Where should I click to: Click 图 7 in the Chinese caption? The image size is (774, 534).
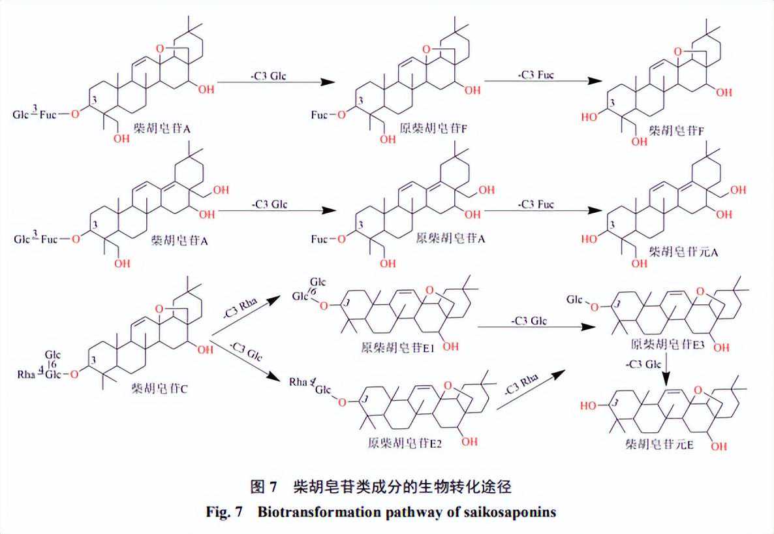point(264,486)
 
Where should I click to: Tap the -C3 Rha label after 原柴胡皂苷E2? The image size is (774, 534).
point(519,390)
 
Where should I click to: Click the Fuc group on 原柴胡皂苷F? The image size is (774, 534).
point(319,115)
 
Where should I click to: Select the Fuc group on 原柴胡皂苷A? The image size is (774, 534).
point(319,240)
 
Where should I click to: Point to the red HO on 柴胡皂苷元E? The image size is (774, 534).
point(590,405)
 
